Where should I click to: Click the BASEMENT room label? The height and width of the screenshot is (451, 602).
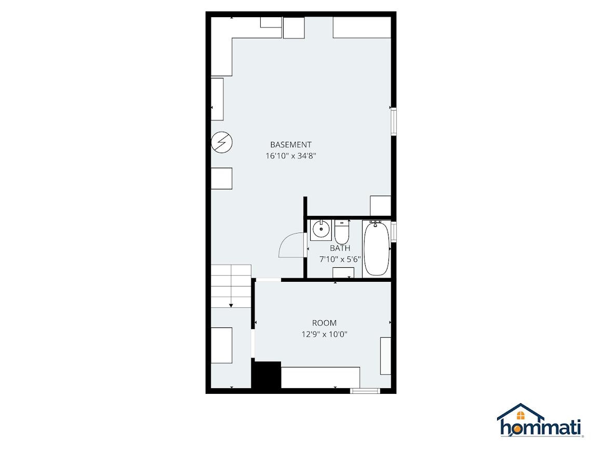[x=291, y=145]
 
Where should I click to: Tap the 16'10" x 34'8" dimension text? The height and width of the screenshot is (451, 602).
[x=291, y=156]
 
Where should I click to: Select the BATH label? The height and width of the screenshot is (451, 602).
[x=340, y=248]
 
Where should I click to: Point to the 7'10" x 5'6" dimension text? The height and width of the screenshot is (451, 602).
[x=340, y=259]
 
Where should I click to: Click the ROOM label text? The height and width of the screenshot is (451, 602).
[x=325, y=323]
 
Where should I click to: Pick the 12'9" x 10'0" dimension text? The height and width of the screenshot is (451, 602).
[x=325, y=334]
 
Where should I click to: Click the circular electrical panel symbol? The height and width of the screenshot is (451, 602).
[x=222, y=142]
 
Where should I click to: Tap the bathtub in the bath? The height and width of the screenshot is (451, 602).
[x=376, y=249]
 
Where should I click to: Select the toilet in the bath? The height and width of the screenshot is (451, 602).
[x=342, y=231]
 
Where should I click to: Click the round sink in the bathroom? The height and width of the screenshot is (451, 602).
[x=320, y=230]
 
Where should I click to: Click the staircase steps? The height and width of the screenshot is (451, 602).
[x=231, y=286]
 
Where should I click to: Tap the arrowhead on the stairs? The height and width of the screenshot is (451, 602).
[x=231, y=305]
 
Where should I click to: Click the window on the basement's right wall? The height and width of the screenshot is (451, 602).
[x=394, y=122]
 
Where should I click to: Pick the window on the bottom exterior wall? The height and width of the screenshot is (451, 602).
[x=365, y=391]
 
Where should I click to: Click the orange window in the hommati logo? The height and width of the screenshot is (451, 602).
[x=520, y=415]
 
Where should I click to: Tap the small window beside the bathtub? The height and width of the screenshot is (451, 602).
[x=394, y=231]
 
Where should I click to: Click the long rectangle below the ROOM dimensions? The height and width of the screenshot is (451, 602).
[x=320, y=378]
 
